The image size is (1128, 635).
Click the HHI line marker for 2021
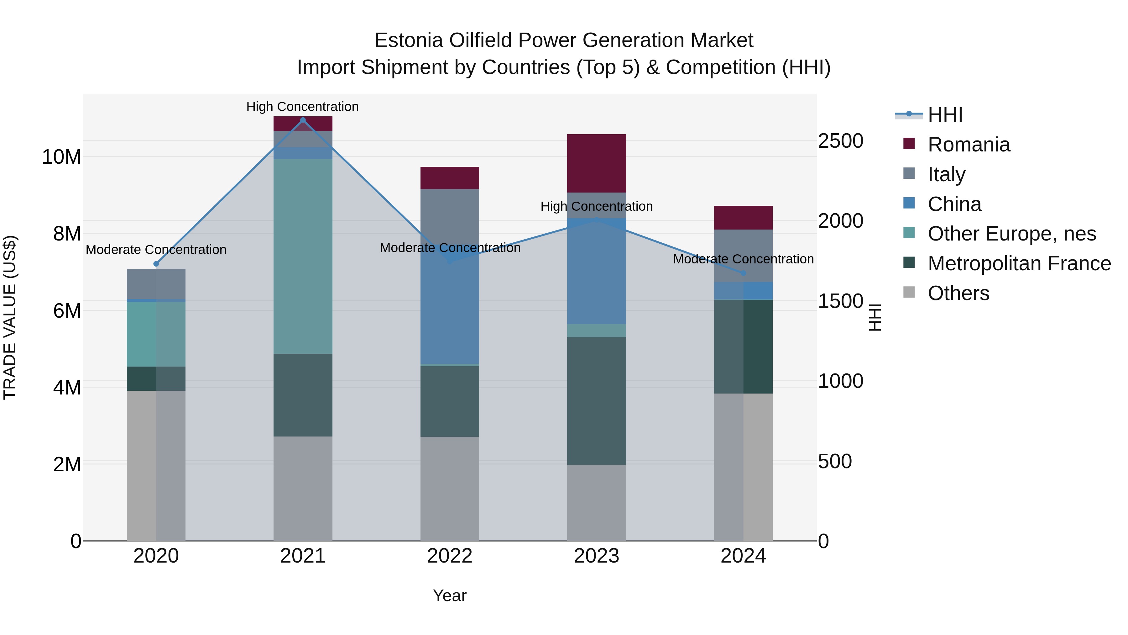pyautogui.click(x=303, y=120)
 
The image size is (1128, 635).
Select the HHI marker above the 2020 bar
pyautogui.click(x=156, y=264)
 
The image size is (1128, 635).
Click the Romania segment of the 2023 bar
pyautogui.click(x=596, y=163)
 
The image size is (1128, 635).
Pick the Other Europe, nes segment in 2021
pyautogui.click(x=303, y=257)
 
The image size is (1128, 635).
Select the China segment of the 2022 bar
pyautogui.click(x=450, y=307)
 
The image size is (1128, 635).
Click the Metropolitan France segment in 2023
pyautogui.click(x=596, y=401)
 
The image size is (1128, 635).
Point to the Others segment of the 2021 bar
pyautogui.click(x=303, y=489)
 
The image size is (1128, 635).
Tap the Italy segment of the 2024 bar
pyautogui.click(x=743, y=256)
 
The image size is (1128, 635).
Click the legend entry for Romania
pyautogui.click(x=968, y=145)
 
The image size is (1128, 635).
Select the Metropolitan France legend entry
pyautogui.click(x=1019, y=263)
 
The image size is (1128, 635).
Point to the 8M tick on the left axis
pyautogui.click(x=67, y=234)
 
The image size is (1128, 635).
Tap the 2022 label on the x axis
pyautogui.click(x=450, y=556)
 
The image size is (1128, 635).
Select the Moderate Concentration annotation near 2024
pyautogui.click(x=743, y=259)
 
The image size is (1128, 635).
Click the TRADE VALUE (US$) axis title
pyautogui.click(x=10, y=317)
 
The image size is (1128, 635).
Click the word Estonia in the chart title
pyautogui.click(x=409, y=40)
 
